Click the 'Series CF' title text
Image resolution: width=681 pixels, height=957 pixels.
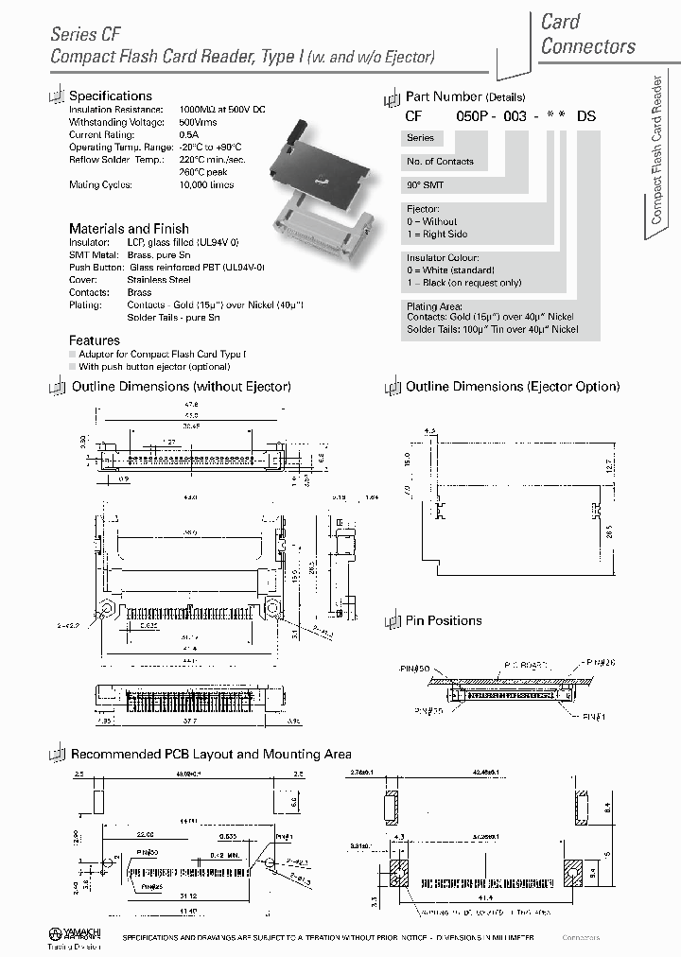pyautogui.click(x=86, y=34)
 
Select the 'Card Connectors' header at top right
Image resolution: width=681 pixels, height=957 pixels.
pyautogui.click(x=587, y=34)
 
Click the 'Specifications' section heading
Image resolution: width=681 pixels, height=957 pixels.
pyautogui.click(x=111, y=96)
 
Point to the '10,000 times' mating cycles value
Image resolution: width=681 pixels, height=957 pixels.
pyautogui.click(x=206, y=185)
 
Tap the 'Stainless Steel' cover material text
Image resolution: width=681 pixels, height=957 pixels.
pyautogui.click(x=159, y=280)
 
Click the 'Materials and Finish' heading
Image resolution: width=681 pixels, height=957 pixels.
pyautogui.click(x=129, y=229)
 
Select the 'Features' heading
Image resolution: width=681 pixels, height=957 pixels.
pyautogui.click(x=95, y=339)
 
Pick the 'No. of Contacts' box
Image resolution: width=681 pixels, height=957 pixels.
pyautogui.click(x=440, y=162)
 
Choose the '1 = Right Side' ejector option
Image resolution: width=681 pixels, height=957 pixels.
pyautogui.click(x=437, y=234)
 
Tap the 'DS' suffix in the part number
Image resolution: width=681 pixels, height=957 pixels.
pyautogui.click(x=586, y=115)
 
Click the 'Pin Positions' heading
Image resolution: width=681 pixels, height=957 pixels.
pyautogui.click(x=444, y=620)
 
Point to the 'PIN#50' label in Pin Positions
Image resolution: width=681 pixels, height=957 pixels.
pyautogui.click(x=417, y=669)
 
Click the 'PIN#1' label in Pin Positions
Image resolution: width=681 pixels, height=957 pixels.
pyautogui.click(x=592, y=716)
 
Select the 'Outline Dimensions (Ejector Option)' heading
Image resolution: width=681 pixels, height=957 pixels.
pyautogui.click(x=513, y=387)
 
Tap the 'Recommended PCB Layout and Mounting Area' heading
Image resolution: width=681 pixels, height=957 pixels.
pyautogui.click(x=211, y=754)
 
